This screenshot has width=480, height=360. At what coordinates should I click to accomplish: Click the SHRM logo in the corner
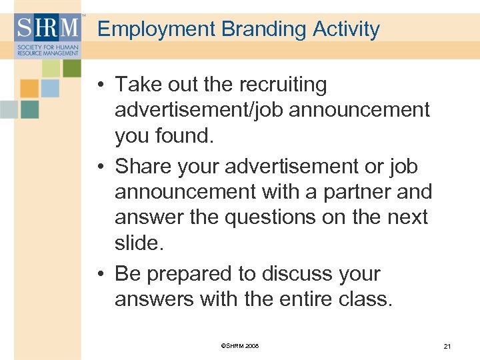[x=47, y=35]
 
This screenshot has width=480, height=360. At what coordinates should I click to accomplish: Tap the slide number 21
[x=447, y=346]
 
